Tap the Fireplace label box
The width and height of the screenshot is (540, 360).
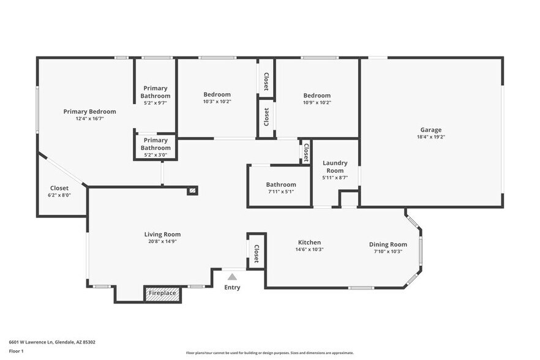(162, 293)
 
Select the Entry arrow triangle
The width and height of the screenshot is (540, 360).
(232, 277)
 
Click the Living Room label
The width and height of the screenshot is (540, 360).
(162, 234)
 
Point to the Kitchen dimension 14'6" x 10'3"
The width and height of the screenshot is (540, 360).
(309, 250)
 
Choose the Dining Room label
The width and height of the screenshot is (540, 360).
(388, 244)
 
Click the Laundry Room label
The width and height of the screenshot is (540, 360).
(336, 167)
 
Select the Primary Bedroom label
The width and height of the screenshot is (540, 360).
(89, 111)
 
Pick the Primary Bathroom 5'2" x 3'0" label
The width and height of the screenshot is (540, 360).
(156, 144)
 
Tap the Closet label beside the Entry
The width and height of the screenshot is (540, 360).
(256, 252)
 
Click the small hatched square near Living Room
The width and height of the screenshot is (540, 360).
(193, 190)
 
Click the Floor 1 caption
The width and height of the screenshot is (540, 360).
(16, 351)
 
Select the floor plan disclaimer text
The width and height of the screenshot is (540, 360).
(269, 353)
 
